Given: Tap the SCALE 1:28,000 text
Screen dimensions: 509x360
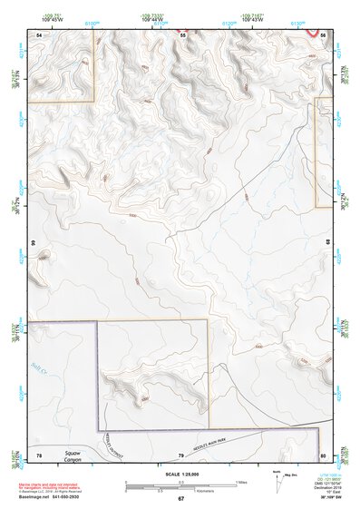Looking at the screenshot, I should point(180,474).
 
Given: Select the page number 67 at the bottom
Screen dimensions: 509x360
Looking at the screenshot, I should point(180,499).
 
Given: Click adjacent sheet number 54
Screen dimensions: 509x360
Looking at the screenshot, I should point(39,34).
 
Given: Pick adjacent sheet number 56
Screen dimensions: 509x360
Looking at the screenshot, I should point(323,34).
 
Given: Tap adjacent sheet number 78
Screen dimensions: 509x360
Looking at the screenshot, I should point(39,454).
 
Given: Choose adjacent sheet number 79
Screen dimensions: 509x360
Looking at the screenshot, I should point(180,454).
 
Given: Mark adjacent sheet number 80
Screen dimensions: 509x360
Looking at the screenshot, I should point(323,454).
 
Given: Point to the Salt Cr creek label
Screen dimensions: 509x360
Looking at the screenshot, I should point(37,367).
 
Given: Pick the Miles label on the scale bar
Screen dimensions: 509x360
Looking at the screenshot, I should point(241,481).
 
